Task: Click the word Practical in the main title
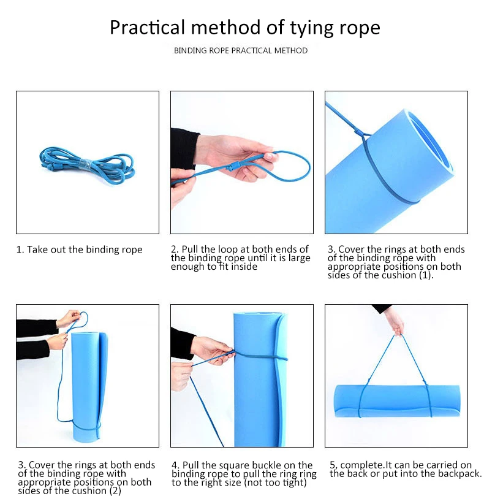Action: click(x=147, y=27)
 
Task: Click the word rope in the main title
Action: click(x=360, y=29)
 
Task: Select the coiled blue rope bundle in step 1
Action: click(x=87, y=166)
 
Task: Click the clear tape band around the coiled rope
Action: click(x=85, y=165)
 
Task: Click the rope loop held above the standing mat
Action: click(x=78, y=321)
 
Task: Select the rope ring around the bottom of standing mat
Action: click(x=85, y=425)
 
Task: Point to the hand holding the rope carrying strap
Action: click(x=393, y=321)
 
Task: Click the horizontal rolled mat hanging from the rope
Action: click(x=397, y=401)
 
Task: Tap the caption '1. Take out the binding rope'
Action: click(x=80, y=250)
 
